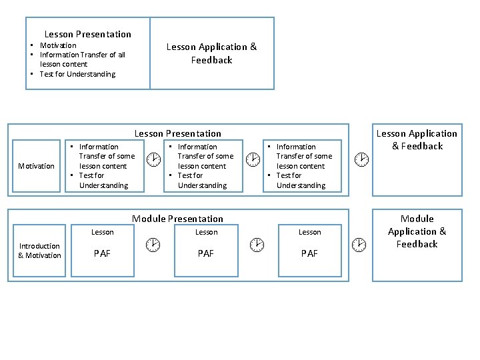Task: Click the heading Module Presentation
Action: point(177,219)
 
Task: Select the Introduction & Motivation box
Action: point(39,251)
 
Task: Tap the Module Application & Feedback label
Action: point(417,231)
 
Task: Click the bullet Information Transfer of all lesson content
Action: point(81,59)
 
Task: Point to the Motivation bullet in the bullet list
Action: point(58,45)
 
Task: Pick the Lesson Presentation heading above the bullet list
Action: point(87,34)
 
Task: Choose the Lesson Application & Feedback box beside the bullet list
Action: point(211,53)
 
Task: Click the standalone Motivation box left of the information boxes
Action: point(36,166)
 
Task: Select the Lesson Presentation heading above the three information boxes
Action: point(177,133)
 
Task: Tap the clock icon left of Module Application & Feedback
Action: point(359,245)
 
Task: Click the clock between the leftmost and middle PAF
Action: point(153,245)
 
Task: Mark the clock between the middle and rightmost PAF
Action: point(256,245)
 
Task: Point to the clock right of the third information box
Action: point(360,159)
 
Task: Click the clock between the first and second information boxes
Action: point(153,159)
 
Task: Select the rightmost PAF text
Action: point(309,253)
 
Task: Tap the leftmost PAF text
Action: point(102,253)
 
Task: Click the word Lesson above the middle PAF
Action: point(206,232)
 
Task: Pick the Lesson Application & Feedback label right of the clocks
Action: point(417,139)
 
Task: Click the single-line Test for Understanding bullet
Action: point(77,74)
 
